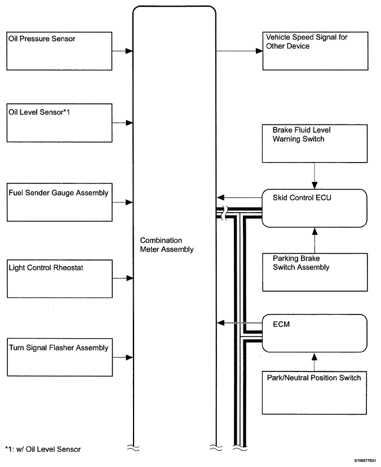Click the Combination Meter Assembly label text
click(167, 245)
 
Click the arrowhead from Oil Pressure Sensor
click(129, 51)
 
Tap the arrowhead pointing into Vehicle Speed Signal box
click(259, 51)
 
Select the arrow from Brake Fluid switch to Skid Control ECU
click(314, 176)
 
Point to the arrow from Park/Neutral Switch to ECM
click(314, 362)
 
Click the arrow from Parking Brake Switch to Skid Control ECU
click(314, 240)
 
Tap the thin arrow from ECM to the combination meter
click(240, 323)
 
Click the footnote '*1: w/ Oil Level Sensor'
click(43, 450)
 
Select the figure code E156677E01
click(365, 460)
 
